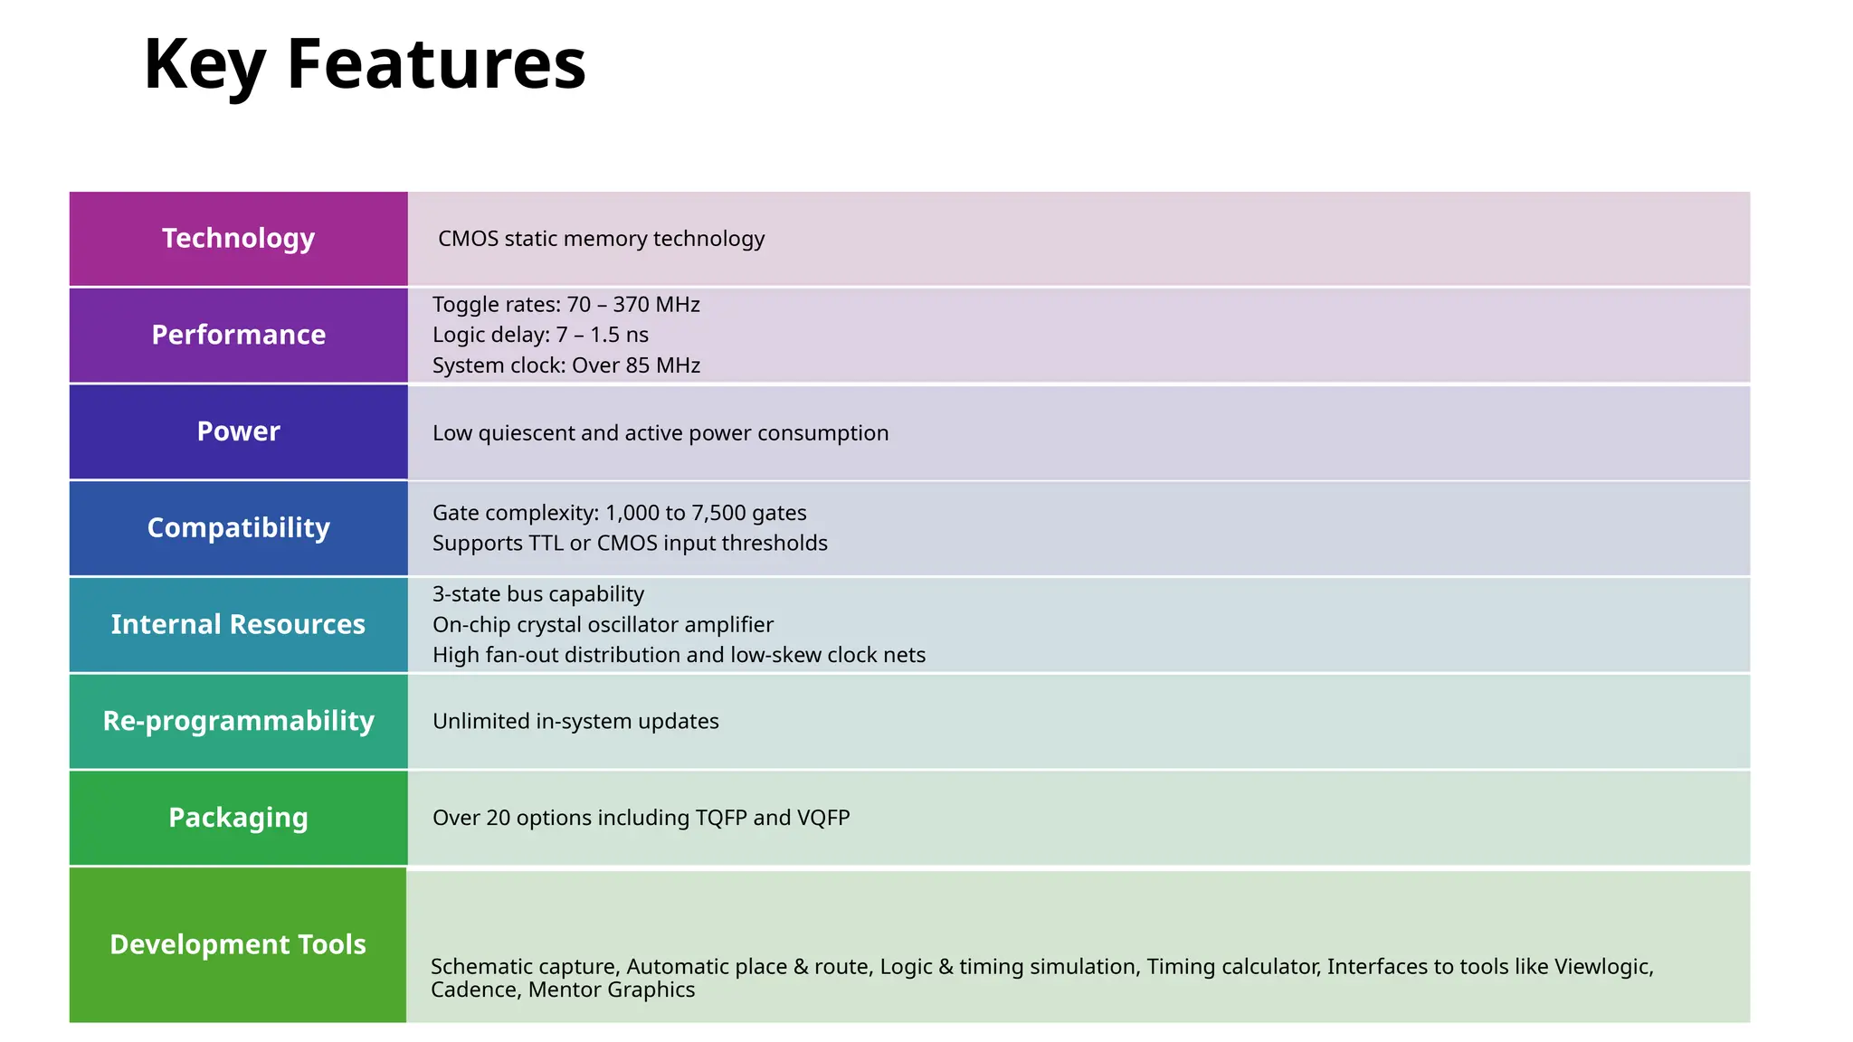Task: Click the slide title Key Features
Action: click(x=365, y=65)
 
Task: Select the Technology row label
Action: click(x=238, y=239)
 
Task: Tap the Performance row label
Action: click(x=238, y=335)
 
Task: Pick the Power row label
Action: click(x=238, y=431)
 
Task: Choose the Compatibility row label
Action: click(x=238, y=528)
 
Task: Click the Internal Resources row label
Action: click(x=238, y=624)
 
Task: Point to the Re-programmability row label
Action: click(x=238, y=721)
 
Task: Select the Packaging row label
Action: click(x=238, y=818)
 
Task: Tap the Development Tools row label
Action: click(x=238, y=944)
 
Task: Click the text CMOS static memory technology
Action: click(x=601, y=239)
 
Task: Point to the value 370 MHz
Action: click(x=656, y=305)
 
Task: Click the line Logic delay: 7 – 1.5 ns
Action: click(x=540, y=335)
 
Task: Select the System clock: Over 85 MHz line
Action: click(x=566, y=365)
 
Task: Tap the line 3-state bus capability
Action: click(x=538, y=594)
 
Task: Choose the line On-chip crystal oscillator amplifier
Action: click(x=603, y=625)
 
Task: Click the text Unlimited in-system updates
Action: click(x=575, y=721)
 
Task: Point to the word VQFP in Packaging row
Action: click(x=822, y=818)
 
